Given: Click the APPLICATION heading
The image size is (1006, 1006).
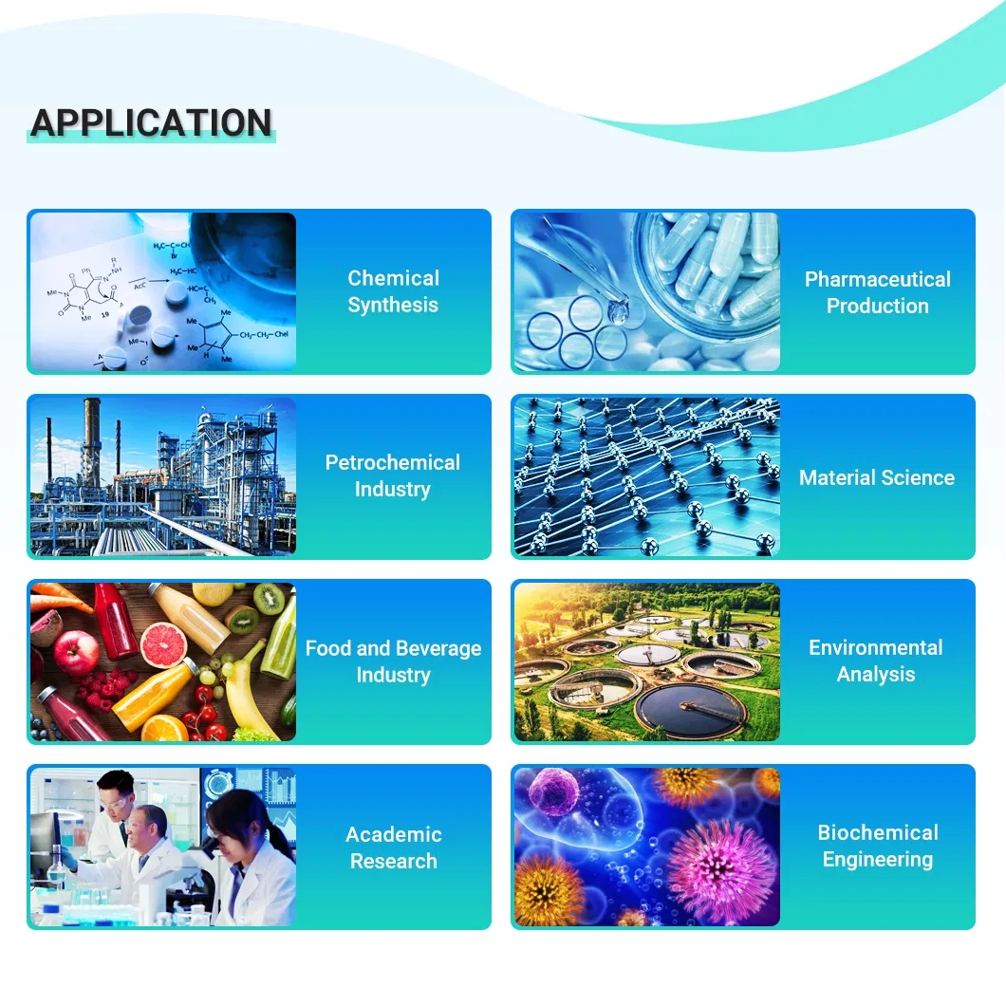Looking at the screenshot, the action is coord(152,122).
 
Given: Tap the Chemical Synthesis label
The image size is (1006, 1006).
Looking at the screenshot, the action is coord(393,291).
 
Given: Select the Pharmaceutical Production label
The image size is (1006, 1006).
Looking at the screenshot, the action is coord(878,292).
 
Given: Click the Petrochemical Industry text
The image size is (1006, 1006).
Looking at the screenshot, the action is coord(393,475).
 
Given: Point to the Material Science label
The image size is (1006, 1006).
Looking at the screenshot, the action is coord(877,477).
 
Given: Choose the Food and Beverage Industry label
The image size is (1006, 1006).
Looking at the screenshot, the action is coord(393,661).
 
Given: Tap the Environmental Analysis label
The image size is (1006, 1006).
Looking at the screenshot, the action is coord(876,661).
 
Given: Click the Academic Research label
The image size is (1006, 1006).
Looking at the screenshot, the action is coord(393,848).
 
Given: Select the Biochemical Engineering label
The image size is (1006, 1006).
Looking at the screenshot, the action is coord(878,846).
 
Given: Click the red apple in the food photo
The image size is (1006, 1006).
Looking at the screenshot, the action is coord(74,652).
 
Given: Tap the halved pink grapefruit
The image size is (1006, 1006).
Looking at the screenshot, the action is coord(163,644).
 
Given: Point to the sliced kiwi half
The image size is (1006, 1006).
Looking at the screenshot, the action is coord(269,599).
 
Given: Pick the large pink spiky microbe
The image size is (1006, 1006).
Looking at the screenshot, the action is coord(722,870).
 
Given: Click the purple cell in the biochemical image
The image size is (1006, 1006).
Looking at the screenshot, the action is coord(553,793).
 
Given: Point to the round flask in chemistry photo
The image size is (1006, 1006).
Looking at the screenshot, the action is coord(244,253).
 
